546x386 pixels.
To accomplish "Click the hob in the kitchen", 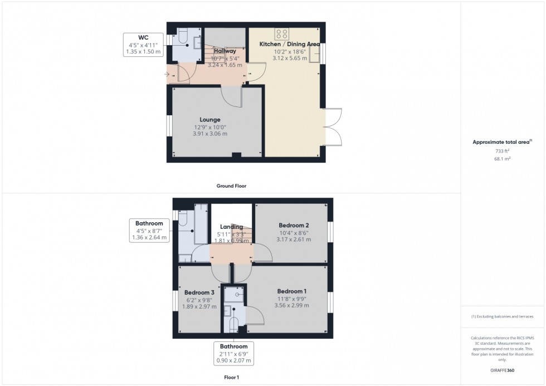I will [282, 33].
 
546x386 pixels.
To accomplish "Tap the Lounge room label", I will [211, 119].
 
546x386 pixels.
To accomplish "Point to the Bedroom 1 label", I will [292, 291].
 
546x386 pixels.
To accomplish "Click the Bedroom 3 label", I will [199, 292].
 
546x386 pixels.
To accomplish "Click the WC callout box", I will [143, 45].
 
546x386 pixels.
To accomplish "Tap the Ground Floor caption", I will [231, 185].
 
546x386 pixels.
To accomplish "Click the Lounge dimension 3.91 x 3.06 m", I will [210, 134].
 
